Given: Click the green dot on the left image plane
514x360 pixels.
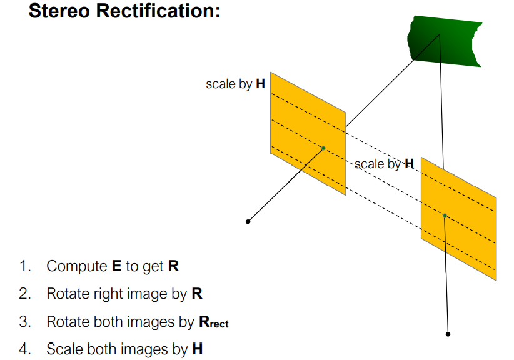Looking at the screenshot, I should click(323, 148).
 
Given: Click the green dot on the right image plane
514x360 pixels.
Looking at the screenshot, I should click(445, 216).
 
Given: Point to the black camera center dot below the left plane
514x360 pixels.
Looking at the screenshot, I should click(248, 221).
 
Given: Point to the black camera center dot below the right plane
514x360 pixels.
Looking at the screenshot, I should click(448, 334).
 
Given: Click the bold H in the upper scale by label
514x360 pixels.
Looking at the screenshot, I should click(260, 84).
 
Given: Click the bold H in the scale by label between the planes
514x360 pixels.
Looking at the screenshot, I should click(409, 164).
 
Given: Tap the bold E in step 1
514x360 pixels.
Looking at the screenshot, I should click(116, 266).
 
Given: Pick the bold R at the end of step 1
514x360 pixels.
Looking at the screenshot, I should click(173, 266).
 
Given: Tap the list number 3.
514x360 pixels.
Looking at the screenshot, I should click(24, 322).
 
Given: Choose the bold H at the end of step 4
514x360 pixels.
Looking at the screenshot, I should click(198, 349).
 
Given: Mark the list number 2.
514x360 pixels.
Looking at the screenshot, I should click(24, 294).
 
